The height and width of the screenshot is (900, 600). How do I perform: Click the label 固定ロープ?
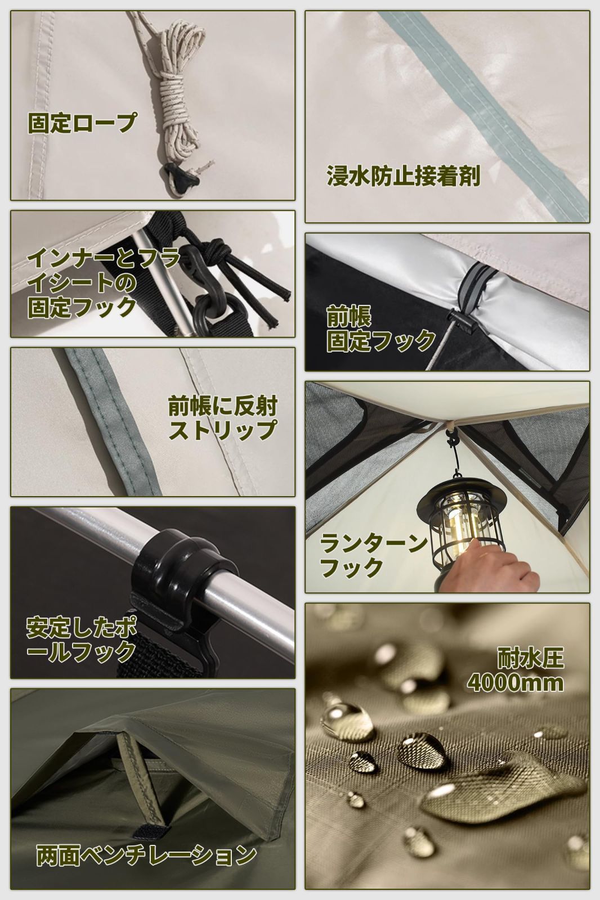[x=82, y=123]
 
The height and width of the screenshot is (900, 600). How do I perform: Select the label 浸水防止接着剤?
[x=402, y=176]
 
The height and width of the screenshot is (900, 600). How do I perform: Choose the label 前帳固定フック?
[x=380, y=330]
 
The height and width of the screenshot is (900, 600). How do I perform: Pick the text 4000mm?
[x=514, y=683]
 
